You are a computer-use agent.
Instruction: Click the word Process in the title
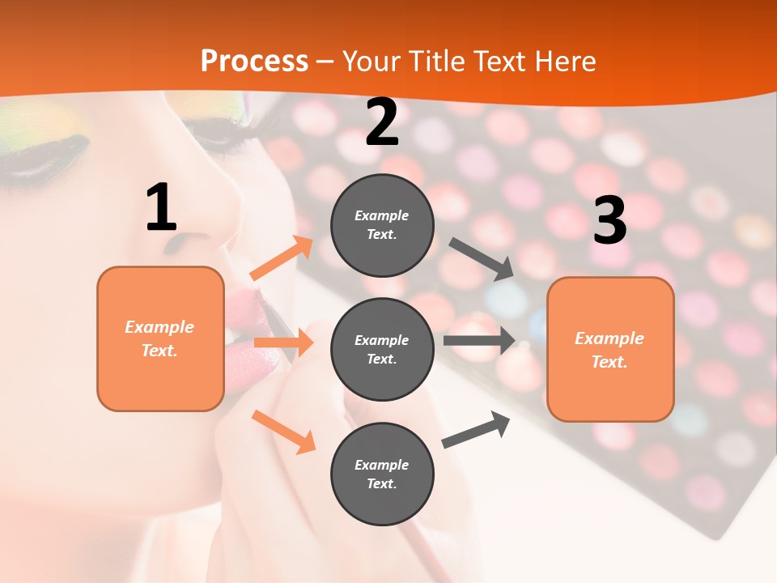click(x=254, y=61)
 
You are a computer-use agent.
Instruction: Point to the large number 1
click(x=161, y=208)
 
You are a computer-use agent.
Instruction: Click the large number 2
click(x=382, y=123)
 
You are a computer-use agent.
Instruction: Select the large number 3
click(x=610, y=220)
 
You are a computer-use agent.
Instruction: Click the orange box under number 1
click(x=160, y=338)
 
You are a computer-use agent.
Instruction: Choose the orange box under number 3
click(x=610, y=349)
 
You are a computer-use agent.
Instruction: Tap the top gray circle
click(x=382, y=225)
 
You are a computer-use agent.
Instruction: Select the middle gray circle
click(x=382, y=349)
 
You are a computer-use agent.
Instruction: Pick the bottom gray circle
click(x=382, y=474)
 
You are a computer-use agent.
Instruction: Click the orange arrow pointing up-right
click(x=282, y=258)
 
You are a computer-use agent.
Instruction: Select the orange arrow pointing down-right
click(x=283, y=431)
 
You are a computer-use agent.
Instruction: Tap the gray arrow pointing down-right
click(x=482, y=258)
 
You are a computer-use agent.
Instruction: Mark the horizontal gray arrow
click(x=479, y=340)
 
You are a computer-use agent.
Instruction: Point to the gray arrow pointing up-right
click(x=476, y=429)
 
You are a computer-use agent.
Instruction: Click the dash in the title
click(x=325, y=62)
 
